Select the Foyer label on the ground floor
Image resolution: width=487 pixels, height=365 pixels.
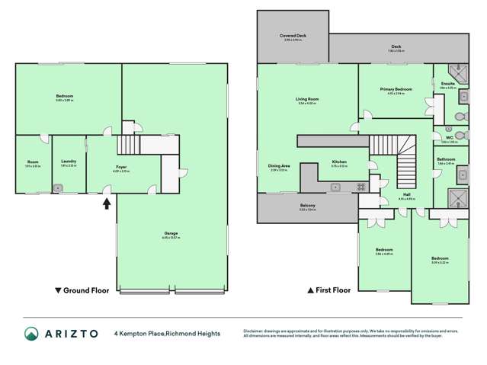pyautogui.click(x=121, y=166)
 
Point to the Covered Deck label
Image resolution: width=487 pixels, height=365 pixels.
pyautogui.click(x=292, y=36)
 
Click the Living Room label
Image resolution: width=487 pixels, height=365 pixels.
pyautogui.click(x=306, y=99)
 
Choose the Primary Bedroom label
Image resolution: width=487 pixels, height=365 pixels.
pyautogui.click(x=396, y=89)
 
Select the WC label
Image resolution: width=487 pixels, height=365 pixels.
pyautogui.click(x=449, y=138)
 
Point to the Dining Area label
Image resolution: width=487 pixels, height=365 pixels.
pyautogui.click(x=278, y=166)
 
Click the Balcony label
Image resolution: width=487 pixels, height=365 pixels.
pyautogui.click(x=306, y=206)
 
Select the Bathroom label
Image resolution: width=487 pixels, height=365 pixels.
pyautogui.click(x=446, y=159)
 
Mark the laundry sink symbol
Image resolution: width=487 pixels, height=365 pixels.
pyautogui.click(x=58, y=186)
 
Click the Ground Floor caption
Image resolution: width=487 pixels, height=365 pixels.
pyautogui.click(x=82, y=290)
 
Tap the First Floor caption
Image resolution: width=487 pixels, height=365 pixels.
pyautogui.click(x=328, y=290)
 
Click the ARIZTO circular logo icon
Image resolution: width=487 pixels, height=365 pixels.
pyautogui.click(x=32, y=334)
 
